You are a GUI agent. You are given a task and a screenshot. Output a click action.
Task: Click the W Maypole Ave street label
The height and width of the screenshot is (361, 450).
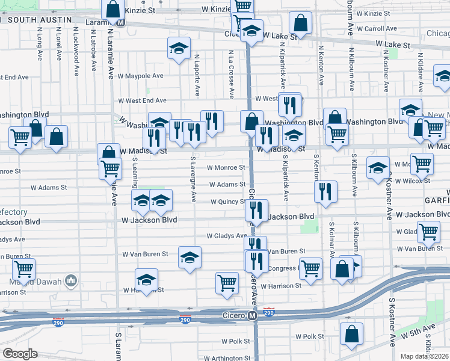pyautogui.click(x=141, y=76)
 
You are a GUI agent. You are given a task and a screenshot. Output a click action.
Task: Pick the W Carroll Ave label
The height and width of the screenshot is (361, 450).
pyautogui.click(x=377, y=28)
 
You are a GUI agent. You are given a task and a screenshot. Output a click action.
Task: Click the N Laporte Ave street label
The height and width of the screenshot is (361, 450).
pyautogui.click(x=197, y=75)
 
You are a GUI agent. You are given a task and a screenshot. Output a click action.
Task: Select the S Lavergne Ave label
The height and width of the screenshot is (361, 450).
pyautogui.click(x=193, y=179)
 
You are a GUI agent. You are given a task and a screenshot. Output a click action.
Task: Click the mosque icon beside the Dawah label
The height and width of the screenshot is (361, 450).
pyautogui.click(x=71, y=280)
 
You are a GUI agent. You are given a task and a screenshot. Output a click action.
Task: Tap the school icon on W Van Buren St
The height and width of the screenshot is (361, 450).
pyautogui.click(x=189, y=258)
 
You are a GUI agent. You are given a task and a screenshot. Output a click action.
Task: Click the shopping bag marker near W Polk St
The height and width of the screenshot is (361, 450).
pyautogui.click(x=351, y=334)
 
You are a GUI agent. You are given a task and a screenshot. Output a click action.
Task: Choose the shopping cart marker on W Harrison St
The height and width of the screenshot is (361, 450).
pyautogui.click(x=227, y=282)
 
